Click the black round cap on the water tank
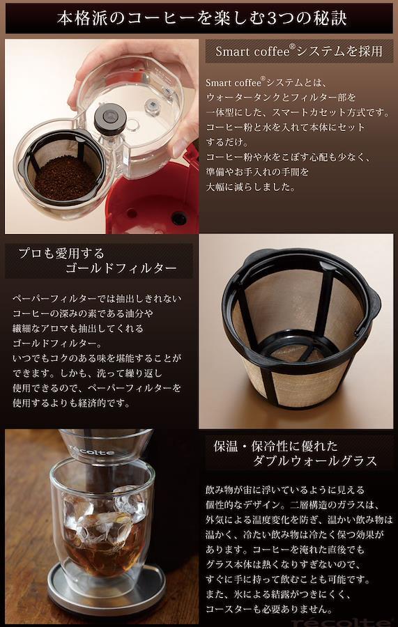tap(110, 118)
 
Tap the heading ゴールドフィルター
tap(121, 268)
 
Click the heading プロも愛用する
tap(61, 253)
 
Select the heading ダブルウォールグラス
tap(315, 461)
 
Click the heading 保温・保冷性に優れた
tap(276, 447)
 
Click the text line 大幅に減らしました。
tap(250, 187)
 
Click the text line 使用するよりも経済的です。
tap(72, 403)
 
